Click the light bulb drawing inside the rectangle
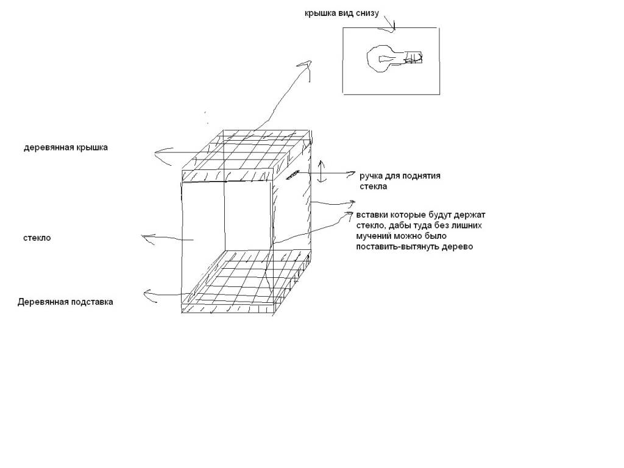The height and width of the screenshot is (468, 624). (394, 58)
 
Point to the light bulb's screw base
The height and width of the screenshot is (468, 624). (414, 58)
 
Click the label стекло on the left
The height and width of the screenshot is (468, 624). (37, 238)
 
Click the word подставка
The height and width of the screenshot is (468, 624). (91, 302)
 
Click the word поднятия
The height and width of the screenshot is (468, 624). (421, 176)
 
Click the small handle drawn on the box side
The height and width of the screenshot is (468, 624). (292, 175)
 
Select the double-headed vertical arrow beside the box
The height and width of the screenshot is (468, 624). (322, 171)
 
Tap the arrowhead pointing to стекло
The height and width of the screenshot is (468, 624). (147, 238)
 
